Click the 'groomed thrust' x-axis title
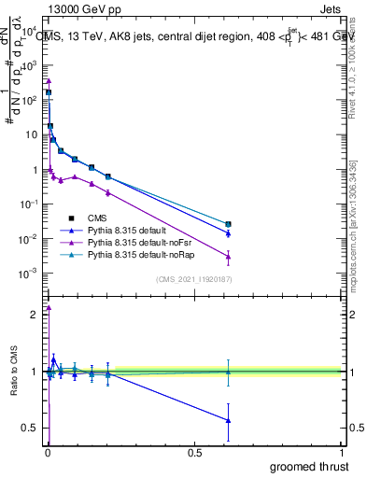(x=309, y=466)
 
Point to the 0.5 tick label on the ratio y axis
(x=31, y=429)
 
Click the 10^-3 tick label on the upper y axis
(x=28, y=273)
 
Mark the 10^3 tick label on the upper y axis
(x=28, y=65)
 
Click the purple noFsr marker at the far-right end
(x=228, y=257)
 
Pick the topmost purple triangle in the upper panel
(x=49, y=81)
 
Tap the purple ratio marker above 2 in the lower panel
(x=49, y=307)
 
